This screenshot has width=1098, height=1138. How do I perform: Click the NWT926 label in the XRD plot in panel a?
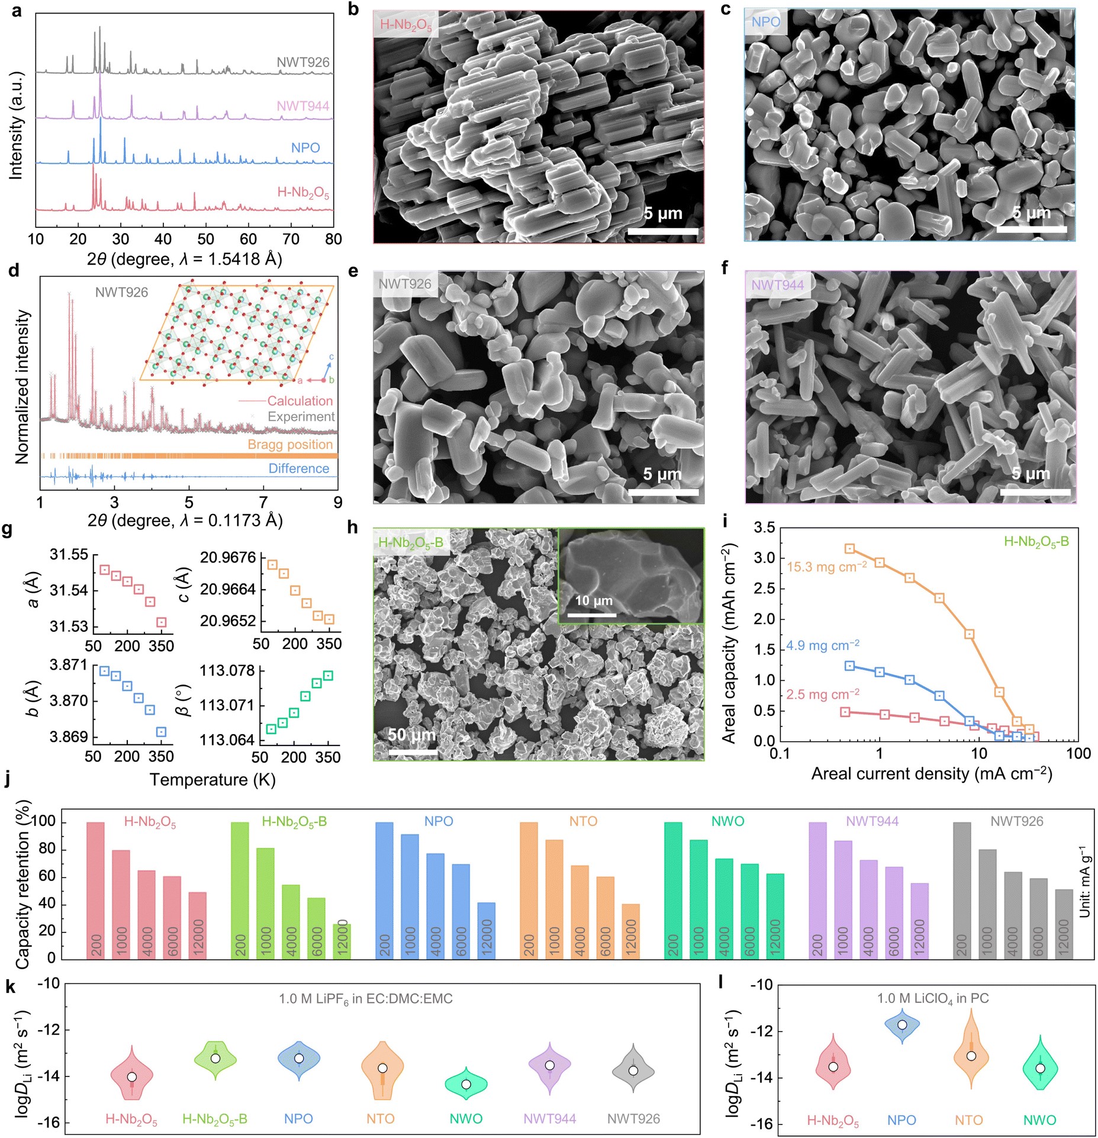click(302, 62)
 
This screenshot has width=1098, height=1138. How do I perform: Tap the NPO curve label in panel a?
click(305, 147)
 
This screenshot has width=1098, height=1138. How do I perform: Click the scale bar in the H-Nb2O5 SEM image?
click(662, 232)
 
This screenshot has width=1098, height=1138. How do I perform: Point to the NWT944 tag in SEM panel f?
click(777, 285)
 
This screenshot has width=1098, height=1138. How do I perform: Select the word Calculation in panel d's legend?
click(300, 401)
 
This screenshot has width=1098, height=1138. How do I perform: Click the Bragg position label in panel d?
click(290, 444)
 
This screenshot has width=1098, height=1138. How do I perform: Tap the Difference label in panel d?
click(298, 468)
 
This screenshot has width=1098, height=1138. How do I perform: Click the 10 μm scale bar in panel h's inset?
click(592, 615)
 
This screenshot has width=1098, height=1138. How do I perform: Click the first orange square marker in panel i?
click(849, 548)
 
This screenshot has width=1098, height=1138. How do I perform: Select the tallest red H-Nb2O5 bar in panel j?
click(95, 889)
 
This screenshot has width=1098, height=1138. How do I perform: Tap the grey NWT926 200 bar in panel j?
click(962, 889)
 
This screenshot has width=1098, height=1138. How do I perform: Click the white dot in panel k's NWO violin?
click(466, 1084)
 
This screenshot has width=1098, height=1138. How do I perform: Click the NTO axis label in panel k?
click(380, 1118)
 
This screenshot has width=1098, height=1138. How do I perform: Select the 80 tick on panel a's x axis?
click(333, 239)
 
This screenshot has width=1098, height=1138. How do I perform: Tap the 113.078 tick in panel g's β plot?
click(227, 671)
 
